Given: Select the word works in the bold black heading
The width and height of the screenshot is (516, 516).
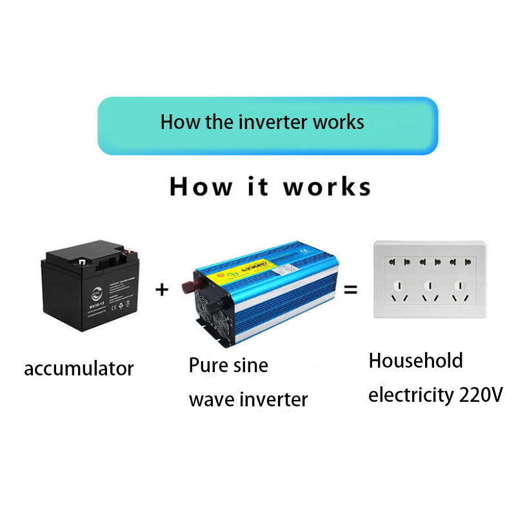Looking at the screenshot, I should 327,187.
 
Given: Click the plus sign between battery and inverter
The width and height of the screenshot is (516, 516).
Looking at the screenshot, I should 162,290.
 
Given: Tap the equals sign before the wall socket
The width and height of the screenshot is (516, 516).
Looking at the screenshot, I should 350,290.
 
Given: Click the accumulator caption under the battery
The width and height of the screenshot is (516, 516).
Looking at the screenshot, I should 79,369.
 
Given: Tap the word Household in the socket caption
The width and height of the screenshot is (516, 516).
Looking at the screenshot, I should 415,361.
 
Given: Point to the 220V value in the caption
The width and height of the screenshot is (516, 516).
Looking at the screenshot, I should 481,394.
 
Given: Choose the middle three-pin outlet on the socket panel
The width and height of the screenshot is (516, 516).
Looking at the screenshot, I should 430,291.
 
